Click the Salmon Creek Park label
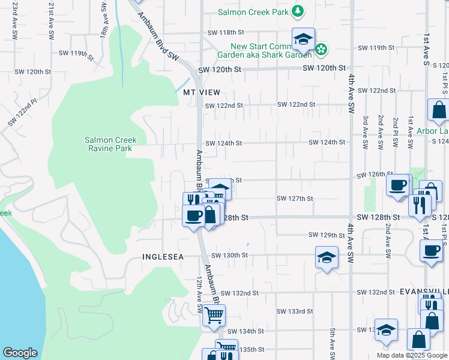252,11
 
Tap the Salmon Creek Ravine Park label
110,144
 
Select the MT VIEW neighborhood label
198,92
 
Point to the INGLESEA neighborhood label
162,257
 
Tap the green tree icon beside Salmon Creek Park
297,11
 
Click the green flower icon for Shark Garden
321,49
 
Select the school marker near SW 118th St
303,40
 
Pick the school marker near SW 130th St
326,257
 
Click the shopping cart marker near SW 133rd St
214,314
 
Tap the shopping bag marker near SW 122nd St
439,110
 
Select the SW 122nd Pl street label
22,114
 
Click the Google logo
20,353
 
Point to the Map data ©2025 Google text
411,355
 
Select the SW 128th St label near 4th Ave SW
378,217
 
